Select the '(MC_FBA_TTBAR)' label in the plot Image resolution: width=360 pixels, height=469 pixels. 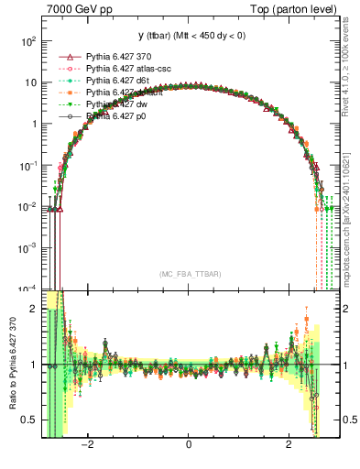[188, 274]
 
